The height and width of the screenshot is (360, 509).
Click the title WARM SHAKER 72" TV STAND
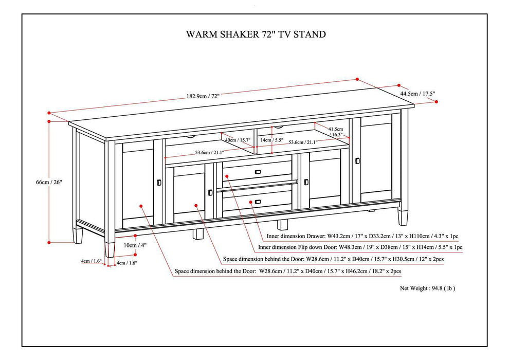coord(256,34)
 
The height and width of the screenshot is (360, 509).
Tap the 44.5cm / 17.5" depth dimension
coord(418,94)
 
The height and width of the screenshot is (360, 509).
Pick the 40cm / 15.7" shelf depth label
coord(238,140)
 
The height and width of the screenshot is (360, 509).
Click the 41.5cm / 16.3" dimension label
coord(336,132)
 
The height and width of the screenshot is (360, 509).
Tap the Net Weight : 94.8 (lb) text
coord(427,289)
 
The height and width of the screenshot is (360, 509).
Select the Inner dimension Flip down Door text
coord(360,247)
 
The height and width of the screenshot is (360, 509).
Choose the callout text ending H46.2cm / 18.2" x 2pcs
coord(288,271)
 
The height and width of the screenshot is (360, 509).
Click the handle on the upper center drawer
coord(257,171)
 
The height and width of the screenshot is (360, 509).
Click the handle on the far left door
coord(159,182)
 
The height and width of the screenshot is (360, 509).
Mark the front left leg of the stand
coord(109,249)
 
